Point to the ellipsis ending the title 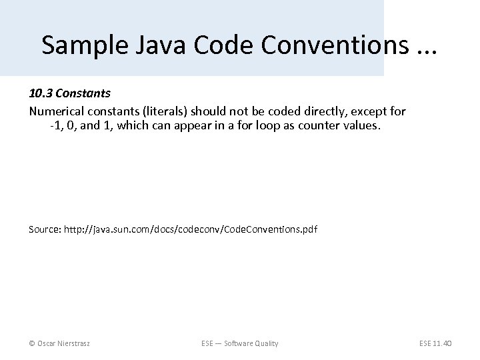[424, 48]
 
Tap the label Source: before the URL [45, 229]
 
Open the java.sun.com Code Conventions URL [191, 229]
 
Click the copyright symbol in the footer [32, 343]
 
